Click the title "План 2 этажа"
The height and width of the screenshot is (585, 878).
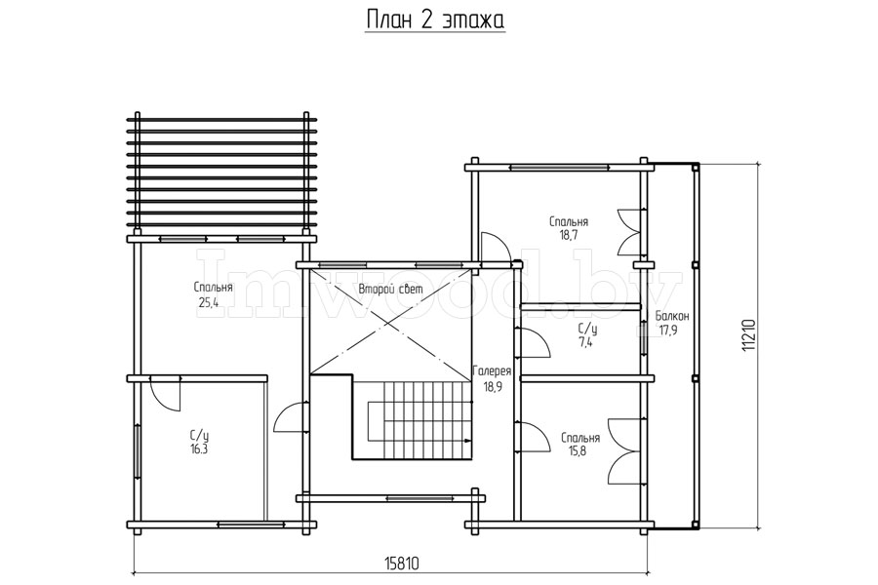[435, 19]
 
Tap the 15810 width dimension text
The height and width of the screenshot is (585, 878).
[402, 562]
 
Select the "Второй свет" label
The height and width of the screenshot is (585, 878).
[390, 290]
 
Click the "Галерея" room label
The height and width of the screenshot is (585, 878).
[492, 371]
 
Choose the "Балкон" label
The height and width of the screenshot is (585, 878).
[672, 316]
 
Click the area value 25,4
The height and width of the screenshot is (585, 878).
[208, 303]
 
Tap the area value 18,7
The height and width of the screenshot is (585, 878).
[568, 235]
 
